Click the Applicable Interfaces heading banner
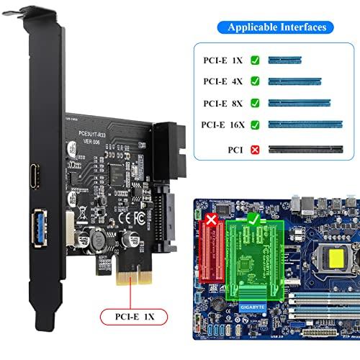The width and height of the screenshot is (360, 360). click(x=277, y=27)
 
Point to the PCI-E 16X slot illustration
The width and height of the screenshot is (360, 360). click(x=305, y=125)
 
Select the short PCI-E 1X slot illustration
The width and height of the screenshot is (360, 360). click(x=285, y=62)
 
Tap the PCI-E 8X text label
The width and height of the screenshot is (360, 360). click(x=219, y=104)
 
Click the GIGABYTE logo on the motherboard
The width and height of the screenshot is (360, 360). click(x=261, y=305)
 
